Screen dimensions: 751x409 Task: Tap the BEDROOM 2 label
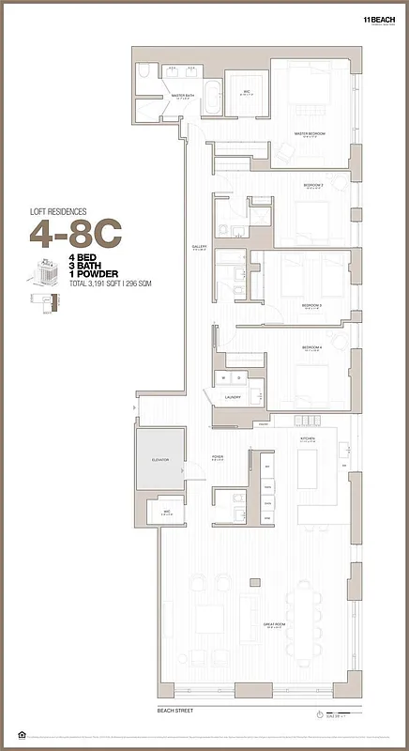pos(312,186)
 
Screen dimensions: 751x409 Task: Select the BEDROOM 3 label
pos(311,306)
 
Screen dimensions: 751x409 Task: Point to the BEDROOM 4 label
pos(312,347)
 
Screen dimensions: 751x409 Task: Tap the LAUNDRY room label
pos(232,397)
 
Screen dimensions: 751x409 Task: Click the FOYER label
pos(218,457)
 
